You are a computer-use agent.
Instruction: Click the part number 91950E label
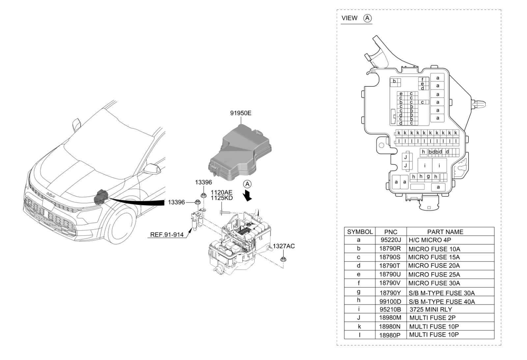coord(240,113)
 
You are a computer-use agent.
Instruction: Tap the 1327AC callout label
coord(284,246)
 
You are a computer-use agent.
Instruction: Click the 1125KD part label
coord(222,198)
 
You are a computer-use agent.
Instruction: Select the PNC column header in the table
coord(391,232)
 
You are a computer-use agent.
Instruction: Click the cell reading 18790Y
coord(391,293)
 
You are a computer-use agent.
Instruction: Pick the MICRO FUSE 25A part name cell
coord(434,274)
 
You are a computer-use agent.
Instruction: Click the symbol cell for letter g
coord(359,292)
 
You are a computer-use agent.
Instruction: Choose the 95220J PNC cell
coord(391,240)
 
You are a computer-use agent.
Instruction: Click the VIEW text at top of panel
coord(349,18)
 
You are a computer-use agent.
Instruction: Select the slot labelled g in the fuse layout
coord(428,177)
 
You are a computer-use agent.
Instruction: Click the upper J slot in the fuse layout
coord(406,157)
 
